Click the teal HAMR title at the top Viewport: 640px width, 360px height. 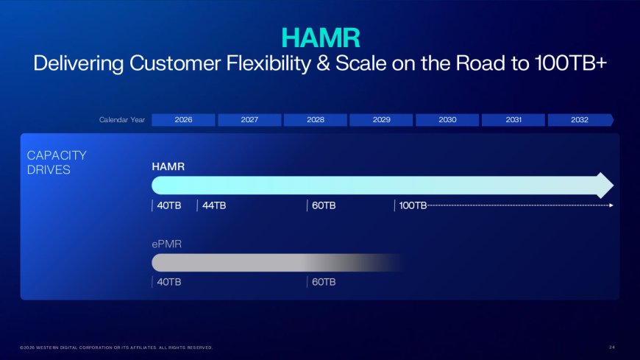tap(320, 37)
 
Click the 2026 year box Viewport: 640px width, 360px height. tap(184, 120)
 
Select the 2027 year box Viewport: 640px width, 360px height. tap(249, 120)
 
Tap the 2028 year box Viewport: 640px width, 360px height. tap(316, 120)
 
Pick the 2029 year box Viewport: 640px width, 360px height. tap(381, 120)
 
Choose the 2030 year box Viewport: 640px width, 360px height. tap(447, 120)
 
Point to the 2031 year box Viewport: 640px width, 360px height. tap(513, 120)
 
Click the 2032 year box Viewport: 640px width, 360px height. tap(580, 120)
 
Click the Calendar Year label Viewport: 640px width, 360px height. tap(122, 120)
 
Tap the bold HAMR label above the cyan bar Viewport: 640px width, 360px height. tap(168, 167)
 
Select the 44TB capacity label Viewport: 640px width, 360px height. tap(213, 205)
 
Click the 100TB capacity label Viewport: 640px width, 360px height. tap(411, 205)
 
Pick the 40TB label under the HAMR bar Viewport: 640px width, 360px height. tap(168, 205)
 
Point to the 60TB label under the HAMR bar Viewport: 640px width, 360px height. tap(323, 205)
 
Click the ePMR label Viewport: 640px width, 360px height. tap(166, 244)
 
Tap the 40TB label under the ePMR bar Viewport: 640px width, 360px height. tap(168, 282)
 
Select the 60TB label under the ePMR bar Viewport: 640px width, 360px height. tap(323, 282)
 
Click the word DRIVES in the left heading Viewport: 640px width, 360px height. tap(46, 169)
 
